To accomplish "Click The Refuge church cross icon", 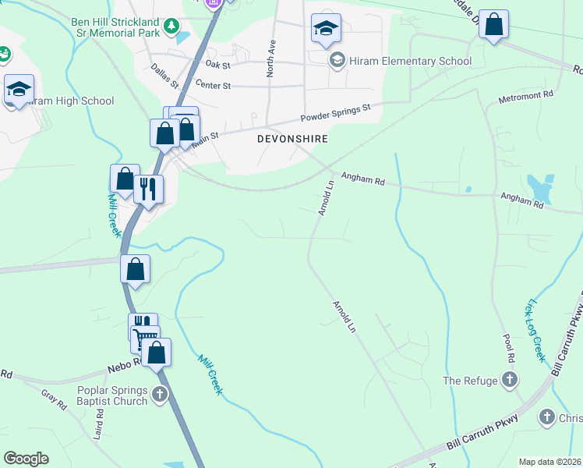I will point(509,381).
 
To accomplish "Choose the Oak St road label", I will point(218,64).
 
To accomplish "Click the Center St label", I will point(214,83).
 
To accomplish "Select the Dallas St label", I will point(165,76).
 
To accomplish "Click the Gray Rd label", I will point(54,399).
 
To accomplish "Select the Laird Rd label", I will point(99,427).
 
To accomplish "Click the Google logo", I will point(26,459).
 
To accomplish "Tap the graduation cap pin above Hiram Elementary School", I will point(325,30).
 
